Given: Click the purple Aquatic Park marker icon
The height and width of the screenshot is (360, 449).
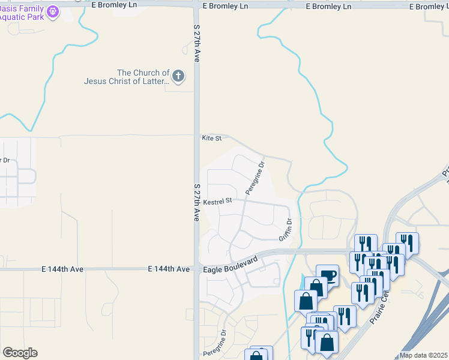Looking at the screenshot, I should pyautogui.click(x=52, y=11).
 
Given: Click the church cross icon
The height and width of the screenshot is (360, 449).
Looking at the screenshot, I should pyautogui.click(x=178, y=76).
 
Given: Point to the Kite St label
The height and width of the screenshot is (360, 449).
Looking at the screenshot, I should pyautogui.click(x=212, y=139).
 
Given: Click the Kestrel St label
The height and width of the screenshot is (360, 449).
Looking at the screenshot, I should pyautogui.click(x=217, y=202).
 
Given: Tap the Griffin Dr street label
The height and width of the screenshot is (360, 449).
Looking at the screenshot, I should pyautogui.click(x=285, y=230).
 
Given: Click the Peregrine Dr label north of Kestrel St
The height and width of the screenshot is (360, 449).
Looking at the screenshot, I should pyautogui.click(x=255, y=178).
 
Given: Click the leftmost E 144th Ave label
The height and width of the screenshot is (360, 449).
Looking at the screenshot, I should pyautogui.click(x=62, y=270).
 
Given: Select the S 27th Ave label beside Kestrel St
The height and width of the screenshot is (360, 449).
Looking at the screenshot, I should pyautogui.click(x=196, y=203).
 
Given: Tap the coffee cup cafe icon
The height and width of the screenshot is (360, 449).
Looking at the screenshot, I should pyautogui.click(x=328, y=276).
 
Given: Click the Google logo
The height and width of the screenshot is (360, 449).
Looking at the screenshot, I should pyautogui.click(x=20, y=353).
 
